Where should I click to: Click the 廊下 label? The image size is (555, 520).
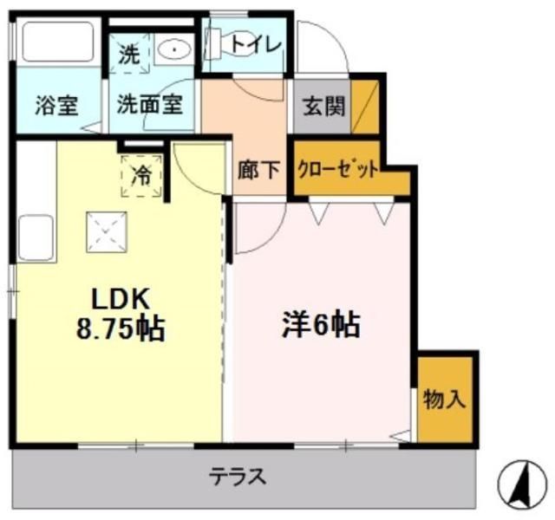[x=259, y=169]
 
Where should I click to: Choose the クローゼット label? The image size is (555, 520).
[x=338, y=169]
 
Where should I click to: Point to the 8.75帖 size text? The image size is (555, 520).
[x=122, y=330]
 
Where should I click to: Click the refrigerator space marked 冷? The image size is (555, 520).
[x=140, y=174]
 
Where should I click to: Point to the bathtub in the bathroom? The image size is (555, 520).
[x=57, y=42]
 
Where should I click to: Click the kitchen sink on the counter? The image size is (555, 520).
[x=35, y=236]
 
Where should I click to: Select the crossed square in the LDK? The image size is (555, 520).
[x=104, y=231]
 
